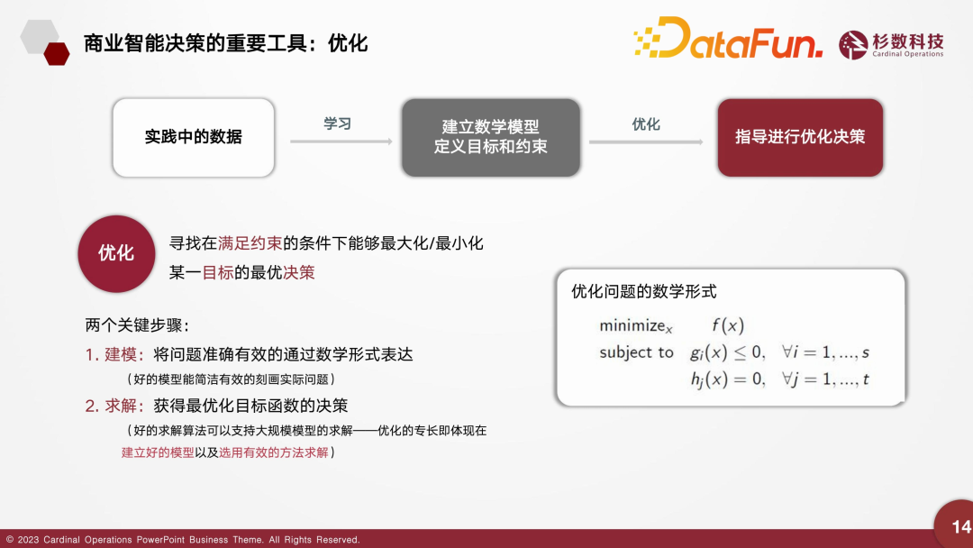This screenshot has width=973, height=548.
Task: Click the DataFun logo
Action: [x=728, y=38]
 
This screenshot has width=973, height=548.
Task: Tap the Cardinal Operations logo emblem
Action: [x=853, y=45]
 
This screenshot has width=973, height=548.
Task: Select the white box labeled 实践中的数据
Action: [x=194, y=137]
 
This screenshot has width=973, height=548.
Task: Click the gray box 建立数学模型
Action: [x=491, y=137]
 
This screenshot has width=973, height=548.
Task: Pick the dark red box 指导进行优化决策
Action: [x=800, y=137]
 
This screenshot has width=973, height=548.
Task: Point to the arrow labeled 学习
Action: [x=341, y=142]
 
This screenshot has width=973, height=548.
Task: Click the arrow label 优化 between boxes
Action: [x=645, y=124]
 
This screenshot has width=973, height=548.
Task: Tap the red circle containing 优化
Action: [x=116, y=254]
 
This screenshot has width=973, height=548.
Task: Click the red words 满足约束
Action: [x=250, y=243]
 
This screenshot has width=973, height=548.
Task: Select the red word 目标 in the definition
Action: [x=218, y=272]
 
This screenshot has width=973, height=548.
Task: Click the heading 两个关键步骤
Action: [x=137, y=325]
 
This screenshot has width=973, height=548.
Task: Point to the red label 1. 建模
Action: [x=114, y=354]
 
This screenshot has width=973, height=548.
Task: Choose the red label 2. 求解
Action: [x=114, y=406]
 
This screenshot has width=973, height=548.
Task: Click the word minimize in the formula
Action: [x=632, y=325]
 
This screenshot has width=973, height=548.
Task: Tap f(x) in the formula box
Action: [x=728, y=325]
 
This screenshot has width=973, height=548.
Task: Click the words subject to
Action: [x=636, y=352]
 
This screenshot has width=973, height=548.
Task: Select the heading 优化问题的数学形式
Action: [x=643, y=291]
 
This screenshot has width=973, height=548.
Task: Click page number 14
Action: [x=961, y=527]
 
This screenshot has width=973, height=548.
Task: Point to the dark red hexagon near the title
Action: [x=57, y=54]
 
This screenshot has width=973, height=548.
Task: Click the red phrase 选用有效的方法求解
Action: [x=274, y=452]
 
